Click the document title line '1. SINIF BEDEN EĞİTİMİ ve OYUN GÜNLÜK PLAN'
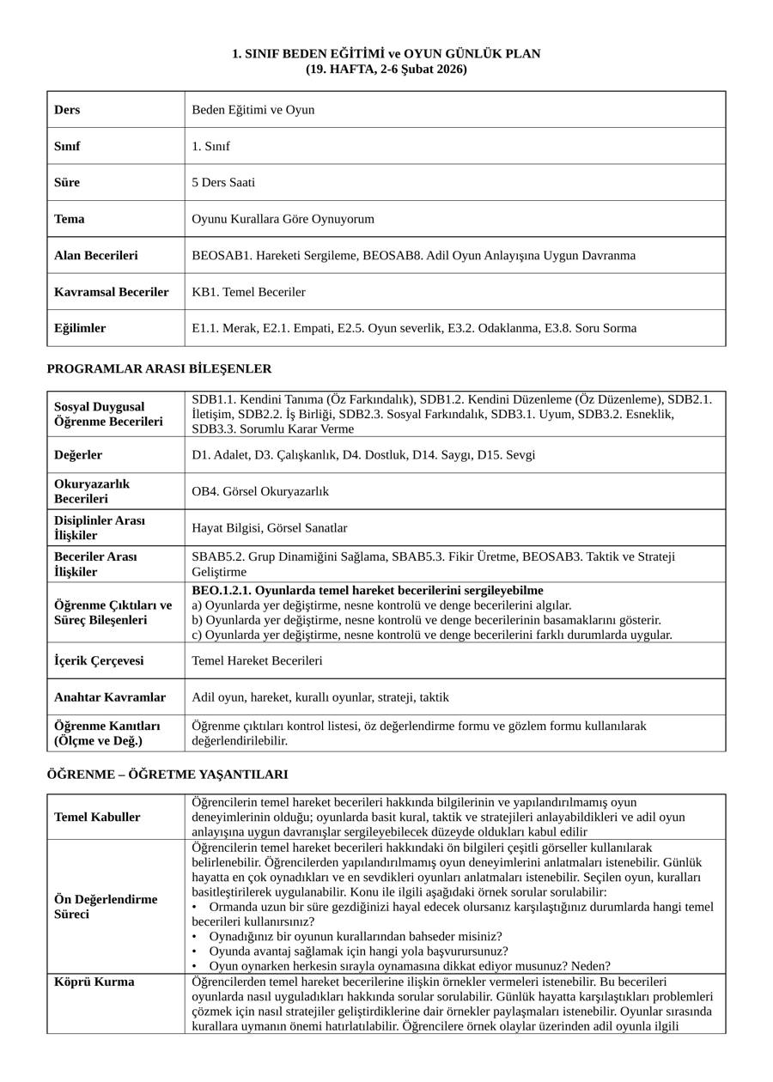(x=386, y=54)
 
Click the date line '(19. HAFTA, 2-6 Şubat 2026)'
(x=386, y=69)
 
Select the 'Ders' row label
(x=67, y=110)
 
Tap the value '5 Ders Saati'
(x=223, y=183)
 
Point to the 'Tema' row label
(x=70, y=219)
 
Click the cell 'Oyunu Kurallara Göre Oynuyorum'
(x=283, y=219)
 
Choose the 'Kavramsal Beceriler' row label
(x=112, y=292)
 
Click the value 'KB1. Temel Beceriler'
(x=248, y=292)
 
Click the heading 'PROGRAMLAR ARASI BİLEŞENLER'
(x=159, y=369)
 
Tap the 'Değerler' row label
(x=78, y=455)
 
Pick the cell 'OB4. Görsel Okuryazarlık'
(x=260, y=492)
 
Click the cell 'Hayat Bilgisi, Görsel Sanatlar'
(x=270, y=528)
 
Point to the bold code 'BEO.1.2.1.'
(x=222, y=591)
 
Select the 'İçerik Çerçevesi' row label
(x=99, y=661)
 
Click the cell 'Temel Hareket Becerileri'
(x=257, y=661)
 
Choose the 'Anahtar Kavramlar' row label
(x=110, y=697)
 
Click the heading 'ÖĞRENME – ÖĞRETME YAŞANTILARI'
(x=167, y=775)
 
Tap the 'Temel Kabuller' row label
(x=97, y=818)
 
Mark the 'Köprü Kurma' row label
(x=94, y=982)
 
